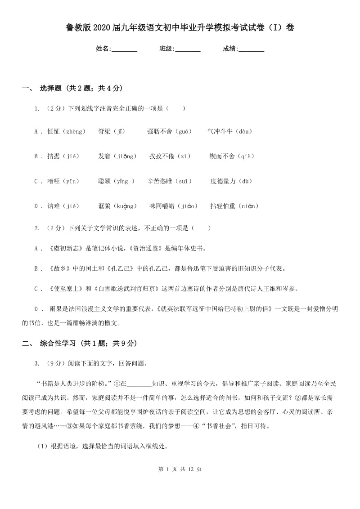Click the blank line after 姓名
pyautogui.click(x=124, y=49)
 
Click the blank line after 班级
pyautogui.click(x=188, y=49)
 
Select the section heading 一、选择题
pyautogui.click(x=72, y=89)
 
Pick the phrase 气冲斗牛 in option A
pyautogui.click(x=220, y=131)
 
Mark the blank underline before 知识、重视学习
pyautogui.click(x=140, y=384)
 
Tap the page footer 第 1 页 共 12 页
pyautogui.click(x=180, y=469)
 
